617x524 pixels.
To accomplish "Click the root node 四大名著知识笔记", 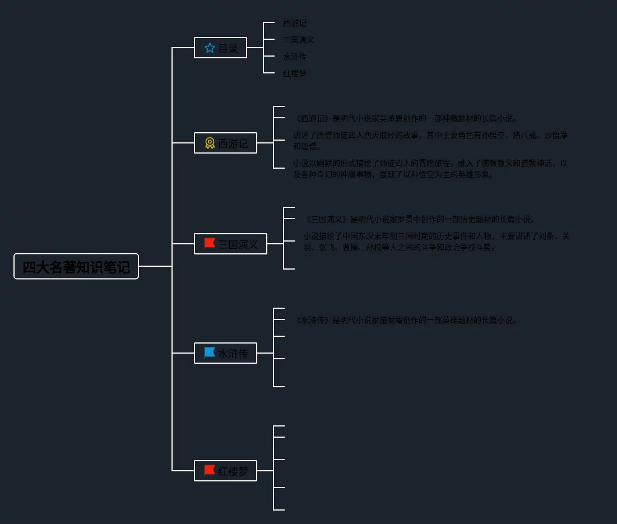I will coord(76,267).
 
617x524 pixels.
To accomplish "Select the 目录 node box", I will coord(220,48).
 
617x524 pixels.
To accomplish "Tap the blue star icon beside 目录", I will coord(210,48).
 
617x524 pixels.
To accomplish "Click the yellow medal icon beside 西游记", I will coord(210,143).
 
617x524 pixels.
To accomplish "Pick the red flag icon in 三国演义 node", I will coord(210,244).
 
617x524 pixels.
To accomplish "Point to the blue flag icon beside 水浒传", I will coord(210,353).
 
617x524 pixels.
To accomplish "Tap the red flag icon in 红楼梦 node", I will coord(210,471).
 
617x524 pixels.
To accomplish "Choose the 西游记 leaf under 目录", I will coord(295,24).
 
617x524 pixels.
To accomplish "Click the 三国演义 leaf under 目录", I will coord(299,40).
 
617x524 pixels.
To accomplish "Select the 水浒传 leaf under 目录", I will coord(295,57).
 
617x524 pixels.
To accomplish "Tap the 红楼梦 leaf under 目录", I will coord(295,73).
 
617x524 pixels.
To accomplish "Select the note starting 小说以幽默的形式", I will coord(430,169).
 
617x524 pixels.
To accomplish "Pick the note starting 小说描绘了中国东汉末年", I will coord(436,242).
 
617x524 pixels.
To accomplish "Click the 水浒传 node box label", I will coord(233,354).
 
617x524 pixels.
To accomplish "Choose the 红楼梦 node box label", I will coord(233,471).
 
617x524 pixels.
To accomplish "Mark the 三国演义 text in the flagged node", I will coord(238,244).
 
